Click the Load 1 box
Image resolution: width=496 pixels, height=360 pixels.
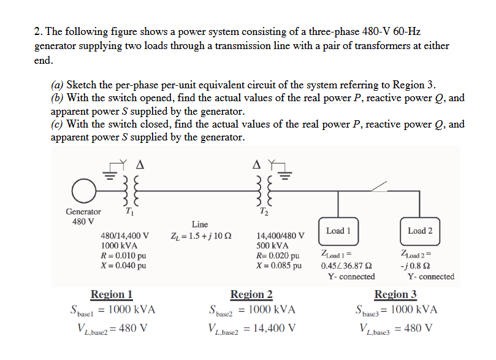pos(338,231)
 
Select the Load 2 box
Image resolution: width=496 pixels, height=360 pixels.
pos(420,231)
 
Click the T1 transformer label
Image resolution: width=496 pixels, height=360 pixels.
pos(129,212)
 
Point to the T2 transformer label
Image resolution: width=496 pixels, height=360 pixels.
pos(264,212)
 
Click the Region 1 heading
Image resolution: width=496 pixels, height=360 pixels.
pos(111,295)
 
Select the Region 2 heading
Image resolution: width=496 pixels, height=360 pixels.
pos(251,295)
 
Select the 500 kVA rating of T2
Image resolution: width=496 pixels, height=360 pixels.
pos(270,245)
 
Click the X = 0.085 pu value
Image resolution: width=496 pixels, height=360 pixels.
pos(279,266)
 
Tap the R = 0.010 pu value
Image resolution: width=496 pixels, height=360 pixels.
pos(123,256)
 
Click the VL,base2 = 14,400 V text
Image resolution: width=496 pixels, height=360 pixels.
pos(251,328)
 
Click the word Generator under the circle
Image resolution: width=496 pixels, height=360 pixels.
pos(83,212)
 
